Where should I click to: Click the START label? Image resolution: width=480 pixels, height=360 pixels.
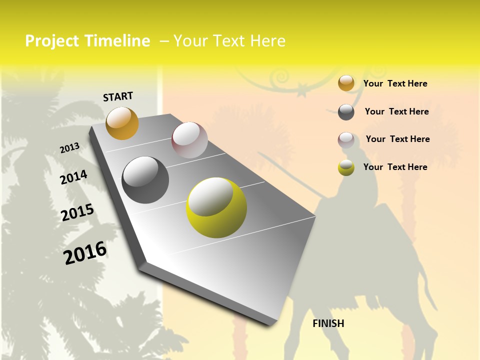pos(118,96)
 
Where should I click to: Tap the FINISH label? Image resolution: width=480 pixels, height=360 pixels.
pos(328,323)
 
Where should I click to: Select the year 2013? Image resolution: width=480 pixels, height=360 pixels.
pos(69,148)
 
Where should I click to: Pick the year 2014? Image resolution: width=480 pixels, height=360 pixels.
pos(73,177)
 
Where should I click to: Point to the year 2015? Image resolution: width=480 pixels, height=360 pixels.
pos(77,212)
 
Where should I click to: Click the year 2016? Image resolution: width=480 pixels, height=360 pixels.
pos(85,252)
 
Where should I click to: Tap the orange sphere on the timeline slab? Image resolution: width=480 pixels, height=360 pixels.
pos(122,123)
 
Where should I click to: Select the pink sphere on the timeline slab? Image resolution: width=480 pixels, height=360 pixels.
pos(189,140)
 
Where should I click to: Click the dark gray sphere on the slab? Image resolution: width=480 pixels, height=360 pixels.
pos(145,180)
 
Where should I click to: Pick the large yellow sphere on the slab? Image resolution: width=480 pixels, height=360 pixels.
pos(216,207)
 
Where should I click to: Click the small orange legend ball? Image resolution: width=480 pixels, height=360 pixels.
pos(346,83)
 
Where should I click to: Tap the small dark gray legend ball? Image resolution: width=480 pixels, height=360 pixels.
pos(346,112)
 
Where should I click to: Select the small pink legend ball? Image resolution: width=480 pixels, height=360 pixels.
pos(346,140)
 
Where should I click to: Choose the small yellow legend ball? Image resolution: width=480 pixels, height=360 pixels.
pos(346,167)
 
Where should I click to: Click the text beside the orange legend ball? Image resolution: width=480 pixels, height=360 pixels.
pos(395,83)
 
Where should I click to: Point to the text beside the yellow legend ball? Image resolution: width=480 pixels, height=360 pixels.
pos(395,167)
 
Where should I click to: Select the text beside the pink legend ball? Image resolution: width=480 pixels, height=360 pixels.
pos(397,139)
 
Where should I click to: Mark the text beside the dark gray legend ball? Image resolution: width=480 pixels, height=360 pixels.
pos(396,111)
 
